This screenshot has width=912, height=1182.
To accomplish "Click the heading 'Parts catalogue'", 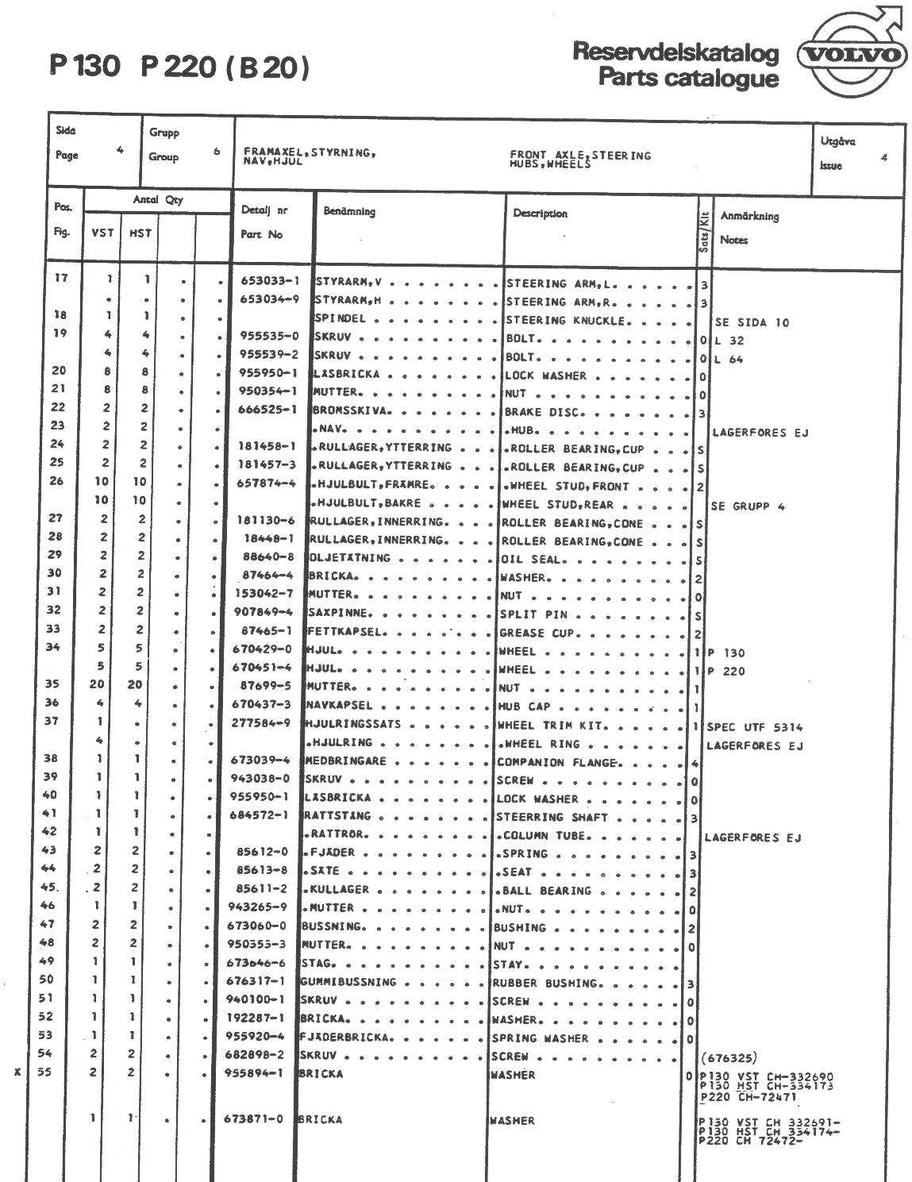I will [x=688, y=78].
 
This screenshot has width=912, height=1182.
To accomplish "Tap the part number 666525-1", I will [x=268, y=410].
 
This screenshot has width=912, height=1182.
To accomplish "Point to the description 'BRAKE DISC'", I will [x=545, y=413].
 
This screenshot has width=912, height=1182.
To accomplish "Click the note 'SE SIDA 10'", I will [x=752, y=323].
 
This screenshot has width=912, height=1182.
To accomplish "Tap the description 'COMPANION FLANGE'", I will [x=556, y=763].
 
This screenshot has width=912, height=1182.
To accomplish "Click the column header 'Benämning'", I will [x=349, y=212].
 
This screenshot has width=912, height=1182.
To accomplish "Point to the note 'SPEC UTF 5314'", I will [x=755, y=727].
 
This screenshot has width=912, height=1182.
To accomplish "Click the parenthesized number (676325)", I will [x=729, y=1058].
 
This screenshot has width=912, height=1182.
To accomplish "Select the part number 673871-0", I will [x=255, y=1120].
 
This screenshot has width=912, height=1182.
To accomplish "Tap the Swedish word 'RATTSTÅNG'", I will [x=337, y=816].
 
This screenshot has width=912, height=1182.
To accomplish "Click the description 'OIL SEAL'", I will [x=532, y=560].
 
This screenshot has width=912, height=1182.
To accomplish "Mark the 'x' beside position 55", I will [x=17, y=1073].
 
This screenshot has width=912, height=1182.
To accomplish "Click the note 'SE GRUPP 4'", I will [x=748, y=506].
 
